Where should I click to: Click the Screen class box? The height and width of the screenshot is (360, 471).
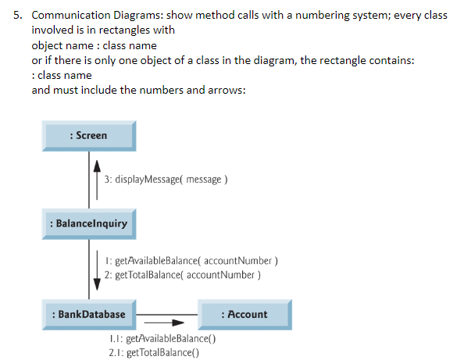88,136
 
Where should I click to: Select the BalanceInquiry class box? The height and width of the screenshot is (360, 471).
88,224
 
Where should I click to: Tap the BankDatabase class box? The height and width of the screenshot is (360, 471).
88,315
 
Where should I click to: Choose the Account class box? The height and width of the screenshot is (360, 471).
244,315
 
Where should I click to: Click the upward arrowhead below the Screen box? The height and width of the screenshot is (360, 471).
97,166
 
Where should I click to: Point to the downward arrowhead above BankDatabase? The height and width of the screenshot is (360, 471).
97,283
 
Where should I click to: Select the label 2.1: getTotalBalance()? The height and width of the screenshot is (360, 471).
155,353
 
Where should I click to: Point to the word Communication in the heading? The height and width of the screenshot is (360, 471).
70,16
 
